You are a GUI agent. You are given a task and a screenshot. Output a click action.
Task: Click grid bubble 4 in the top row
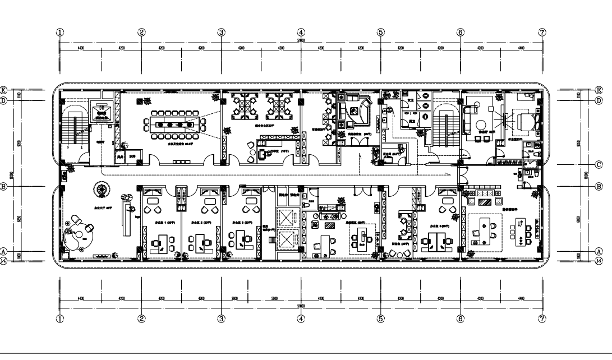pos(301,32)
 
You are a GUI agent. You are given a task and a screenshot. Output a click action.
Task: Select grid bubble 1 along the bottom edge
pos(61,319)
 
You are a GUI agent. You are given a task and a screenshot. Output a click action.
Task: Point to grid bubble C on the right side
pos(598,165)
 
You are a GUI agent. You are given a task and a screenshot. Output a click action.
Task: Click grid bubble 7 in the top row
pos(542,32)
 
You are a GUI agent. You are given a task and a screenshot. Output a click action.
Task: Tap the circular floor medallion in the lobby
pos(103,191)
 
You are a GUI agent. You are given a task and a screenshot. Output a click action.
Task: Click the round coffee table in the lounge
pos(480,124)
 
